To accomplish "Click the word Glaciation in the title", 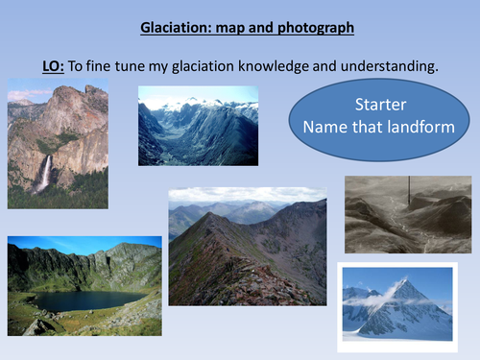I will pyautogui.click(x=164, y=28).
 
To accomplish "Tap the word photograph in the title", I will pyautogui.click(x=313, y=28).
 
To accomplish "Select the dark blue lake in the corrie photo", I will pyautogui.click(x=85, y=300).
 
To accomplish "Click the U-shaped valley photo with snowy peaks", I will pyautogui.click(x=198, y=126).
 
